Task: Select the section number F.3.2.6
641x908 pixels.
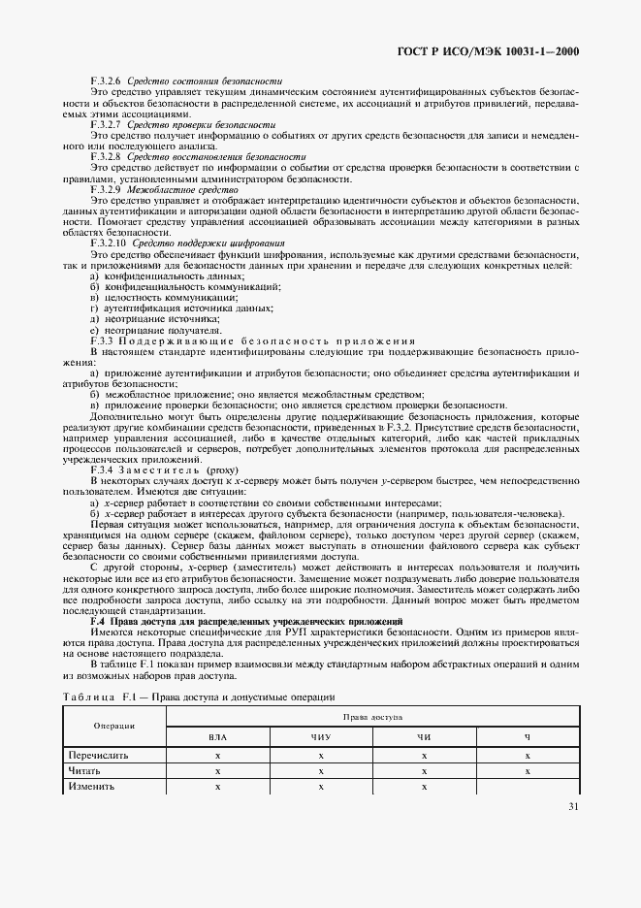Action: tap(105, 81)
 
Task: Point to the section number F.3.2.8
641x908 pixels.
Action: tap(105, 156)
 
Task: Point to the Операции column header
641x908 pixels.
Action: tap(114, 726)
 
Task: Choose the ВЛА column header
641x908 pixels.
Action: tap(218, 738)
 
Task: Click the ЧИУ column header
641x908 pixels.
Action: tap(320, 738)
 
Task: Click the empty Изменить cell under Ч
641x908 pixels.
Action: tap(527, 786)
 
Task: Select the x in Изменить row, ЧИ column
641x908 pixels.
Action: tap(424, 786)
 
